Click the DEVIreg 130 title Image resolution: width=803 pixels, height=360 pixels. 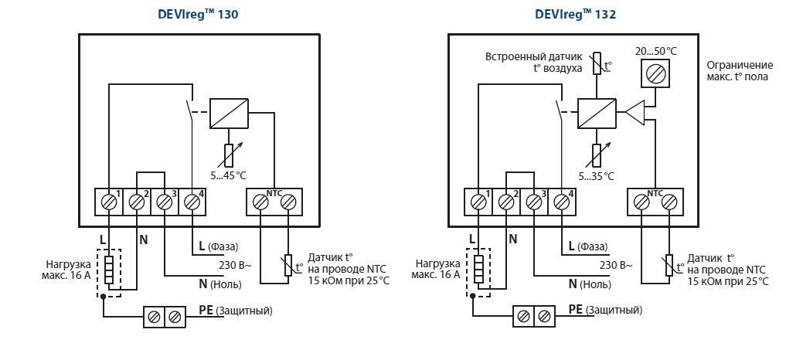pyautogui.click(x=199, y=14)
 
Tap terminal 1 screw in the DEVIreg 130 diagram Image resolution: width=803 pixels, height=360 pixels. pyautogui.click(x=109, y=202)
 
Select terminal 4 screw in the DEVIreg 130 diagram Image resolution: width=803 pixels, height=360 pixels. pyautogui.click(x=191, y=202)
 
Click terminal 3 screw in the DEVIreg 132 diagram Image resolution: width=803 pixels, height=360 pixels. pyautogui.click(x=533, y=202)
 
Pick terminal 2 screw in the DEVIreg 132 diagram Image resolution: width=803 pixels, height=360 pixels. pyautogui.click(x=506, y=202)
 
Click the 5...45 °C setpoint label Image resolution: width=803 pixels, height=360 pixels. pyautogui.click(x=230, y=175)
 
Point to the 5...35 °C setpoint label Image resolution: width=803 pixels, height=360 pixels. pyautogui.click(x=596, y=175)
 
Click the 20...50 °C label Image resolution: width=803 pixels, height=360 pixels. pyautogui.click(x=655, y=50)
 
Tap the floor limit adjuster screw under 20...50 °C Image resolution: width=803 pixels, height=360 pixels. pyautogui.click(x=655, y=75)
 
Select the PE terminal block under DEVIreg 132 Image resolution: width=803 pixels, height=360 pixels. pyautogui.click(x=533, y=316)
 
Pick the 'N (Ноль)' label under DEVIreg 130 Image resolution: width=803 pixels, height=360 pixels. pyautogui.click(x=219, y=284)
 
